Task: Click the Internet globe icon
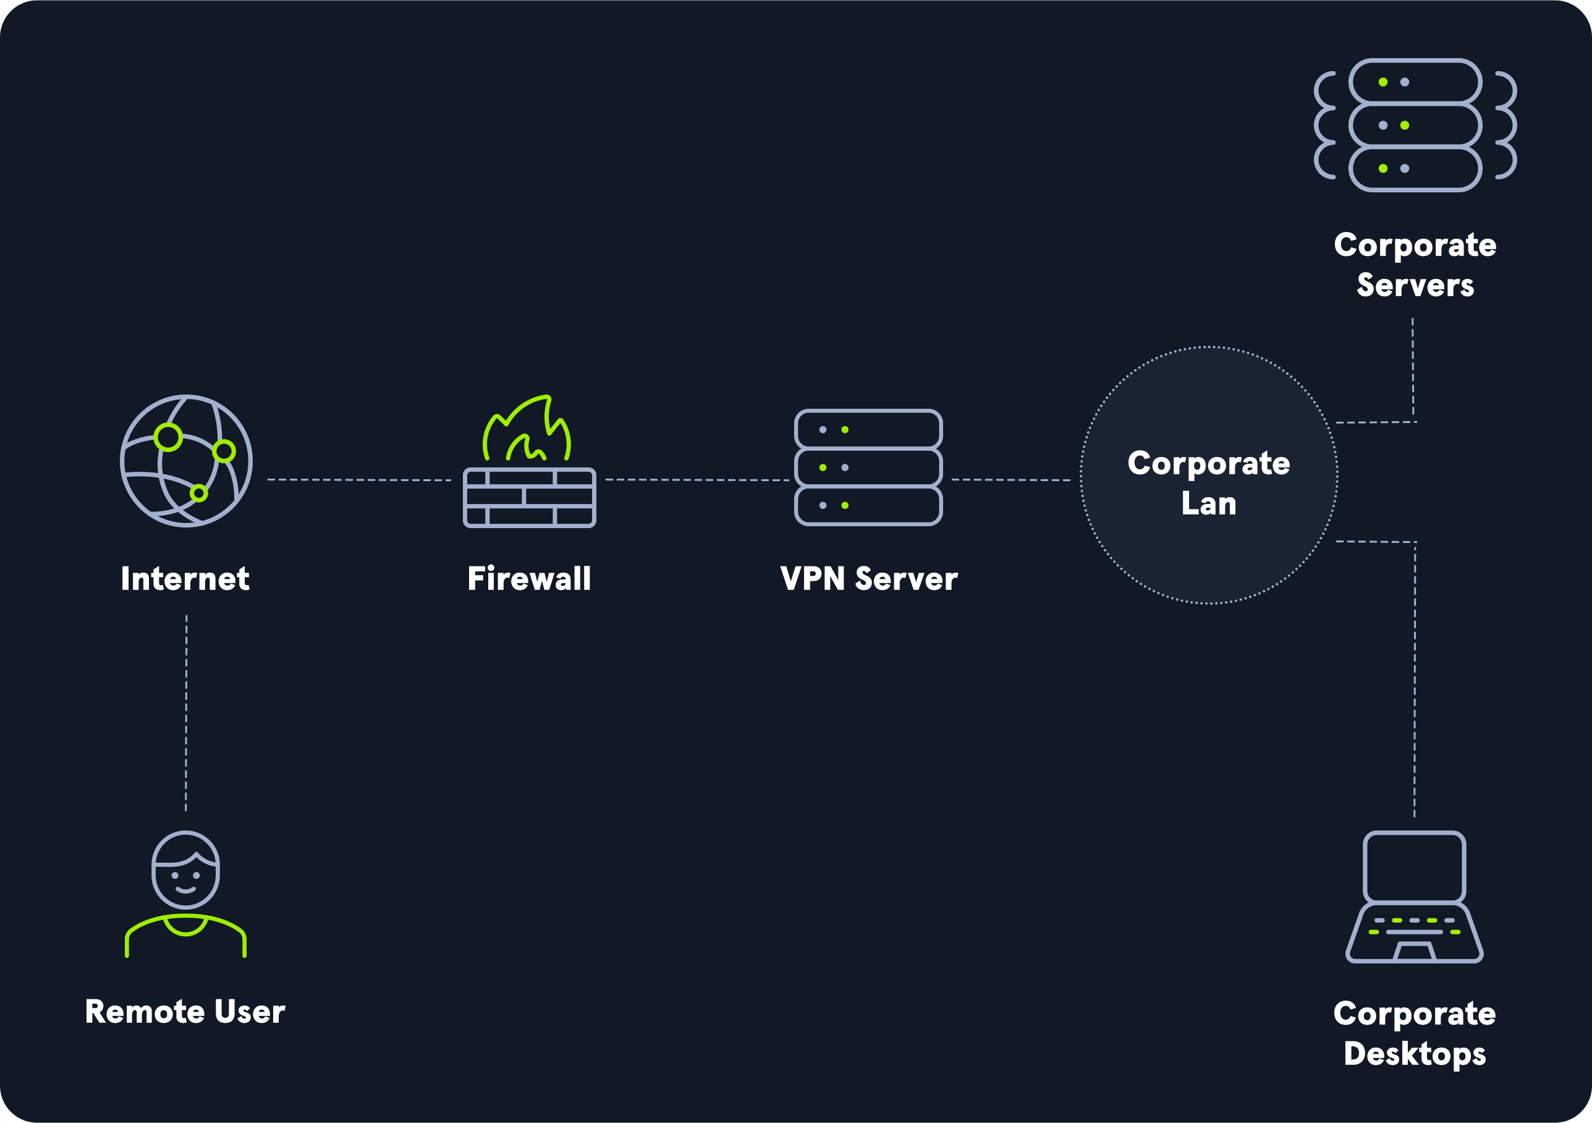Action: [x=186, y=461]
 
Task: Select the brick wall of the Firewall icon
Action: [x=529, y=497]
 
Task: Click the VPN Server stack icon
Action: [x=868, y=467]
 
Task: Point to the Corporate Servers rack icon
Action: [x=1415, y=125]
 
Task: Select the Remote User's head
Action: [x=186, y=870]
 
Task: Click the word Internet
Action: [x=185, y=578]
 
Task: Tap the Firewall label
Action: [x=529, y=578]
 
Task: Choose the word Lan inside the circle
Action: [x=1209, y=503]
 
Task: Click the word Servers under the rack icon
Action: [x=1415, y=285]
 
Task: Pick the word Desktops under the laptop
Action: [x=1415, y=1054]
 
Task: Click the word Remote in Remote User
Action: [x=144, y=1011]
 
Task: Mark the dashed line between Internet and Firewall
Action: [x=359, y=479]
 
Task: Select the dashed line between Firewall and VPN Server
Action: [x=697, y=479]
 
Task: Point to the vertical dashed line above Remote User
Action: [x=186, y=713]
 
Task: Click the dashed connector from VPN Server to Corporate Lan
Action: [x=1011, y=479]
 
